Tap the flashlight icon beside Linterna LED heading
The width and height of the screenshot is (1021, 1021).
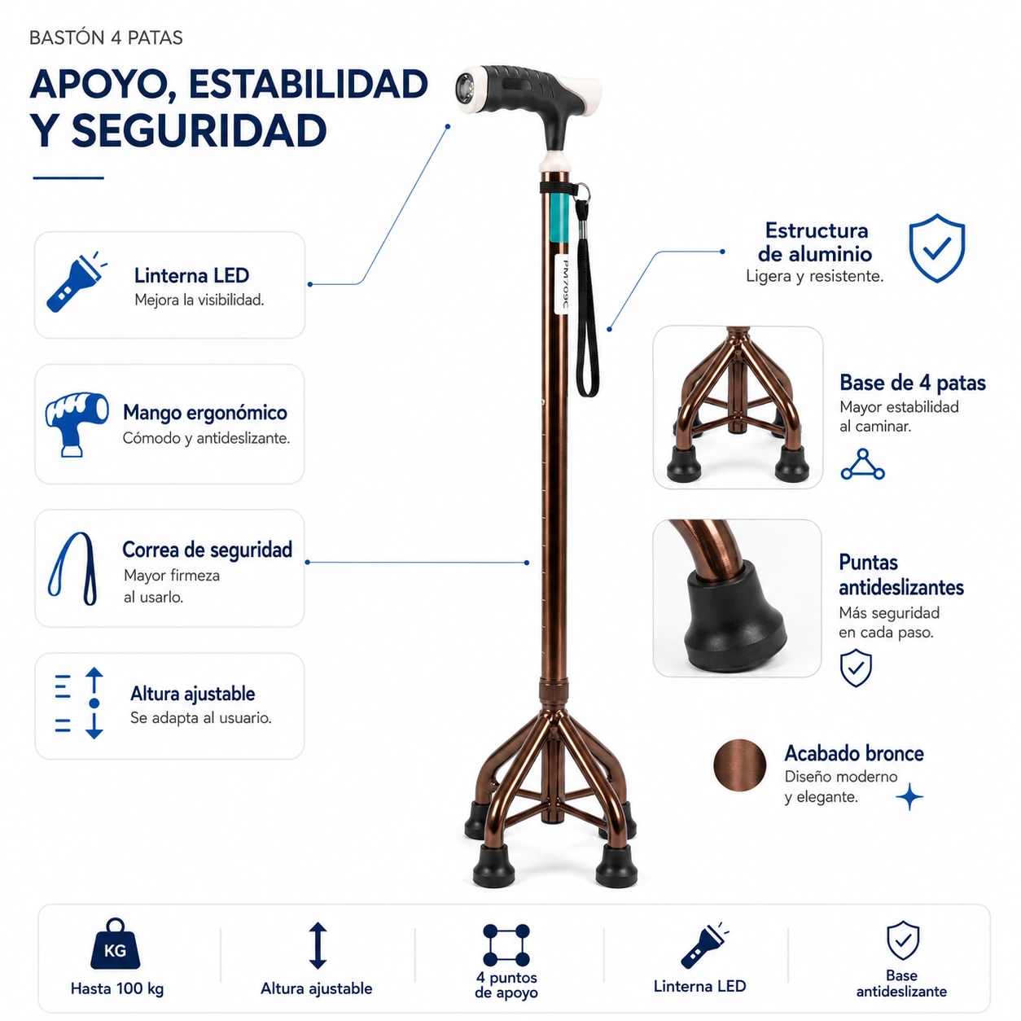tap(76, 282)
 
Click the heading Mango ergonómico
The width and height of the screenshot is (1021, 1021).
tap(205, 413)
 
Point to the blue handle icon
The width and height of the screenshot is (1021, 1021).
tap(77, 424)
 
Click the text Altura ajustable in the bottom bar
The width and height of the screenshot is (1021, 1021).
tap(316, 988)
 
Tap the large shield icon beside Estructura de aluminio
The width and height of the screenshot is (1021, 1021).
tap(937, 248)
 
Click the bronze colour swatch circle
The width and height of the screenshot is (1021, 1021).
tap(739, 765)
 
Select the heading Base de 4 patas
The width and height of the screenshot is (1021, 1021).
tap(913, 383)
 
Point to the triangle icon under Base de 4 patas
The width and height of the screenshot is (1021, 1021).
tap(862, 464)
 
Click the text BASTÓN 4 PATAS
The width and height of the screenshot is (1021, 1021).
tap(106, 38)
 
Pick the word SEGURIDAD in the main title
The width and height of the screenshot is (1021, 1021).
tap(199, 130)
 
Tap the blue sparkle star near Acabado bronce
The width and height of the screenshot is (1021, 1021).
tap(909, 796)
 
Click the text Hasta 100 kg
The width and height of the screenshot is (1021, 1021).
tap(117, 988)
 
